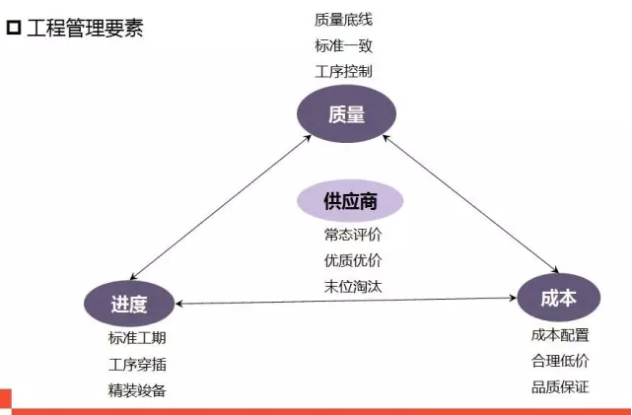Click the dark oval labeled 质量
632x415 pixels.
click(x=346, y=114)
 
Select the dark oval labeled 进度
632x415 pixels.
click(x=129, y=304)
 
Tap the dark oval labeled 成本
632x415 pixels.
click(x=559, y=298)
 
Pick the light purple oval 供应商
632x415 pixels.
click(x=350, y=201)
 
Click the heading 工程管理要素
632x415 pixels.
click(x=85, y=29)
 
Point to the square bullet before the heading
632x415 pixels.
click(x=13, y=28)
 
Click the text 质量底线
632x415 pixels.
click(x=343, y=20)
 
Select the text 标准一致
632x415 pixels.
click(x=343, y=45)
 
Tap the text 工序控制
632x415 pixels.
click(x=343, y=72)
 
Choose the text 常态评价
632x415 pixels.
click(x=353, y=235)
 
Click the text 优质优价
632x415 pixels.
click(x=353, y=260)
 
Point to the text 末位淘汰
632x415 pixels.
click(x=353, y=287)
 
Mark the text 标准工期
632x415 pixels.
click(x=137, y=338)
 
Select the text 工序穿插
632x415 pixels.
click(x=137, y=365)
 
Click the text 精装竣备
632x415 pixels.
click(x=137, y=390)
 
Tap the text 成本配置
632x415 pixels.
click(x=560, y=335)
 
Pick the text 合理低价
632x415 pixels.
click(x=560, y=361)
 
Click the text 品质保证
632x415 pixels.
click(x=560, y=387)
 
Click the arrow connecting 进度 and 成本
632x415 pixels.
click(x=346, y=301)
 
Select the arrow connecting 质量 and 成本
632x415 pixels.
click(x=470, y=203)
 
